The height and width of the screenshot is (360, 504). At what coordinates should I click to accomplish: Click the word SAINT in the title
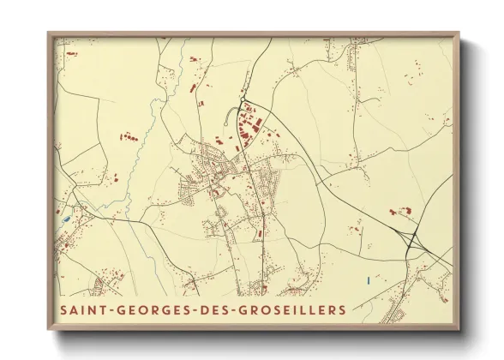click(x=81, y=308)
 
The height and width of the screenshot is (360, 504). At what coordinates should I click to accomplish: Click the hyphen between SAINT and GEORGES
click(x=106, y=309)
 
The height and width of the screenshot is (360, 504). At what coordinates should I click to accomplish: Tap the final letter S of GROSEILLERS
click(x=344, y=308)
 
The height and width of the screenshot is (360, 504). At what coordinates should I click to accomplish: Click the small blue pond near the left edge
click(x=66, y=219)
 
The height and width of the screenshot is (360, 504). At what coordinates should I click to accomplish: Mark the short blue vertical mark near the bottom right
click(x=368, y=279)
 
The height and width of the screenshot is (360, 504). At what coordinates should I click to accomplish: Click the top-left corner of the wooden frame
click(x=50, y=35)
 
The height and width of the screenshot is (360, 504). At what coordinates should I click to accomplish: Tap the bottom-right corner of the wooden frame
click(x=459, y=329)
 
